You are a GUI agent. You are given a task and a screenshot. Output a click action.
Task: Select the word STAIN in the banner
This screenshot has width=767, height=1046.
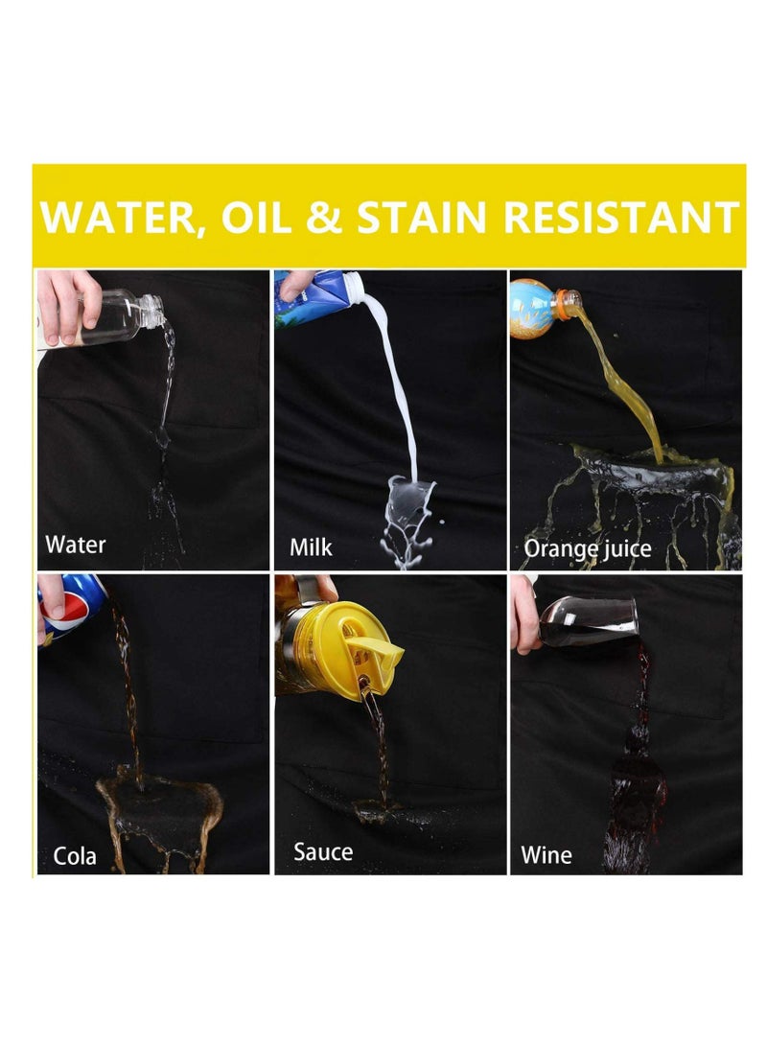(422, 217)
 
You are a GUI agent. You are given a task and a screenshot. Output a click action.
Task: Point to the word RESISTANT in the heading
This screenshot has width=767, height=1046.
(621, 217)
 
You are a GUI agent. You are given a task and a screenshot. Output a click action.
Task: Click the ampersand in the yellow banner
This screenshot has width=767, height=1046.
(324, 217)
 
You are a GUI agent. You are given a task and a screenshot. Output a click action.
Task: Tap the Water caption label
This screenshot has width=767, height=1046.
(76, 545)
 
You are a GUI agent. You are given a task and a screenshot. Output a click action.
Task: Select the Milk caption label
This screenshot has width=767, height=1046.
(311, 547)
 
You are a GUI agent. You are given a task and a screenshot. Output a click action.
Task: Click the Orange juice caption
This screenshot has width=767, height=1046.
(588, 549)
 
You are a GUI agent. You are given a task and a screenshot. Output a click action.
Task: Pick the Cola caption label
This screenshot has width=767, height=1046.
(75, 856)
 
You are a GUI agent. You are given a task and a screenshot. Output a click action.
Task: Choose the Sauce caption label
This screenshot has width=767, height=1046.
(323, 852)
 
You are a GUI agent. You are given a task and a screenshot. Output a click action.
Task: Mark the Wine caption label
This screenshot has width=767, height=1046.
(546, 854)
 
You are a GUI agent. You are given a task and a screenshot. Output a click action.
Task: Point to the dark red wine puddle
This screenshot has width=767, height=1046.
(634, 801)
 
